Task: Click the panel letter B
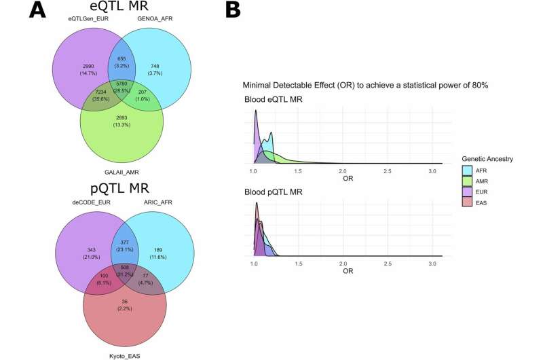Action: [232, 12]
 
